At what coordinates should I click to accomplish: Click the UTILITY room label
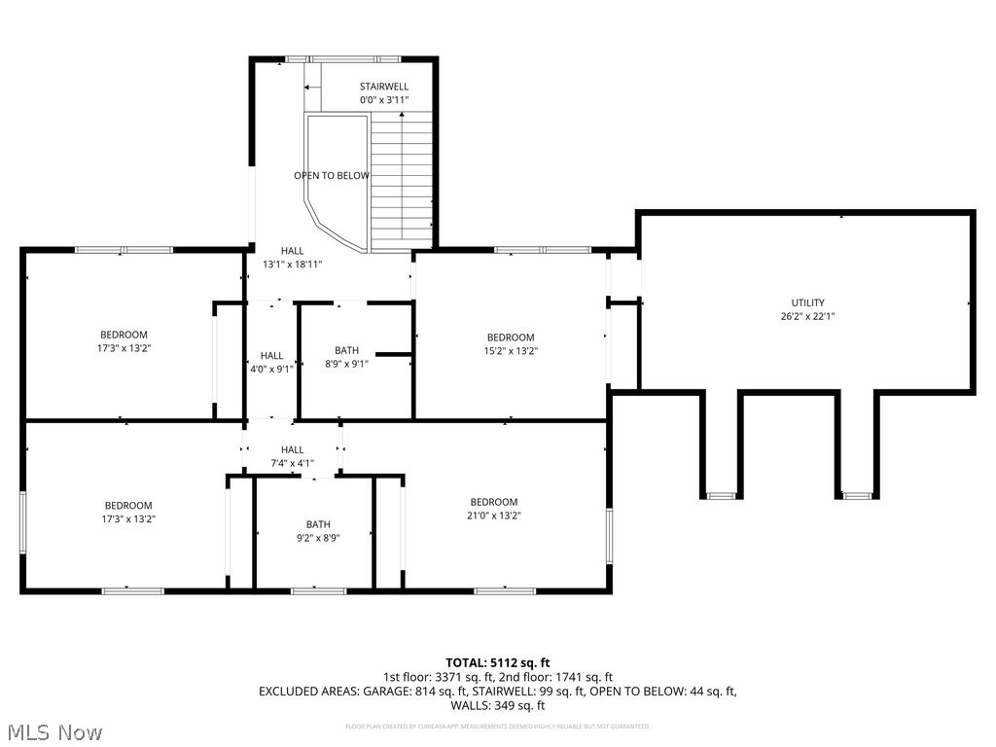coord(807,302)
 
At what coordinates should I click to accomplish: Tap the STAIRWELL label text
coord(383,87)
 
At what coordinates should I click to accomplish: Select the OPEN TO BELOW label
coord(332,176)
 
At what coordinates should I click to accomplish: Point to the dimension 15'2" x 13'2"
coord(511,351)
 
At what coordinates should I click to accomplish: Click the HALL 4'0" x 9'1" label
coord(271,362)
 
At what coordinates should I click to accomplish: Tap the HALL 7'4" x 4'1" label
coord(292,456)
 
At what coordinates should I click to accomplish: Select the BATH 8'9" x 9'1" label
coord(346,357)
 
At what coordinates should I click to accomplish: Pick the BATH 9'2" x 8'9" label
coord(318,531)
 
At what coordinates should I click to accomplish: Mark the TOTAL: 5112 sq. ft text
coord(498,662)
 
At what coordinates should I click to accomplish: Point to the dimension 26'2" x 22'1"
coord(807,315)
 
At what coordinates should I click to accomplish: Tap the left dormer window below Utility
coord(721,496)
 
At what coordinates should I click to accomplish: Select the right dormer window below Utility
coord(855,496)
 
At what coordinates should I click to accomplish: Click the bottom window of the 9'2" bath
coord(318,589)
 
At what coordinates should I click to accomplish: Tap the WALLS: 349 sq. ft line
coord(498,705)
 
